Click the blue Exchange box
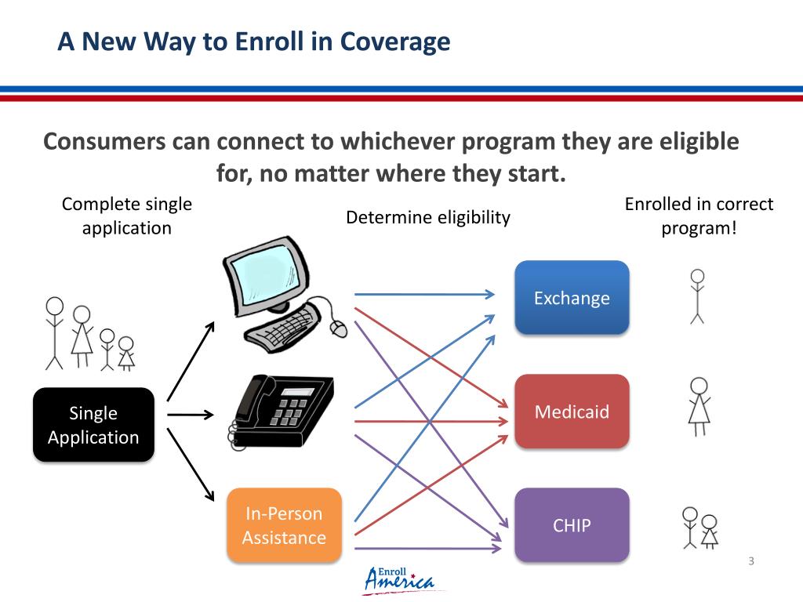[x=572, y=298]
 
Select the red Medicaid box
[x=572, y=412]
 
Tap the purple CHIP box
[x=572, y=525]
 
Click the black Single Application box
[x=93, y=425]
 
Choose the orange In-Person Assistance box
[x=284, y=525]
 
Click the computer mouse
[x=338, y=328]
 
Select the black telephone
[x=282, y=408]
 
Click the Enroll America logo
[x=399, y=580]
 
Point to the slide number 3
[x=751, y=560]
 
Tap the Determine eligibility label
[x=428, y=217]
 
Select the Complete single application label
[x=127, y=216]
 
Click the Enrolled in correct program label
[x=699, y=216]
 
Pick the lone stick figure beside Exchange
[x=696, y=296]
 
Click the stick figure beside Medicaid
[x=699, y=406]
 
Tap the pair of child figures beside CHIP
[x=699, y=527]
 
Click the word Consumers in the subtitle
[x=104, y=142]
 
